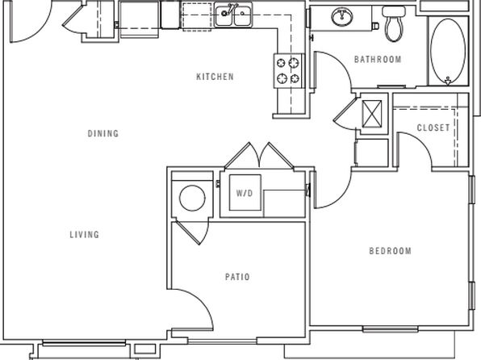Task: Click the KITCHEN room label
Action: coord(215,77)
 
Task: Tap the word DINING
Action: coord(103,133)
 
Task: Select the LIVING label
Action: coord(85,235)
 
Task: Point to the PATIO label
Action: coord(237,277)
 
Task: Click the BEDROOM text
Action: coord(390,251)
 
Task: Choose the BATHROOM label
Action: coord(378,59)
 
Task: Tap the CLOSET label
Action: coord(433,128)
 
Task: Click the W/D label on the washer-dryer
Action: coord(245,193)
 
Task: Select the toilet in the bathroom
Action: coord(394,23)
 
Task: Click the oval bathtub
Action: coord(448,51)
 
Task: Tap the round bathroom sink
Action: coord(341,16)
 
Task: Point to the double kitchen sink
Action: coord(233,15)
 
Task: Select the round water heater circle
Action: coord(192,198)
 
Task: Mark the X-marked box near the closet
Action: coord(372,114)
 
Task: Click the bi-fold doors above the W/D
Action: coord(260,156)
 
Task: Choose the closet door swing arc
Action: coord(421,144)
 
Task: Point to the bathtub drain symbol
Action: coord(448,81)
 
